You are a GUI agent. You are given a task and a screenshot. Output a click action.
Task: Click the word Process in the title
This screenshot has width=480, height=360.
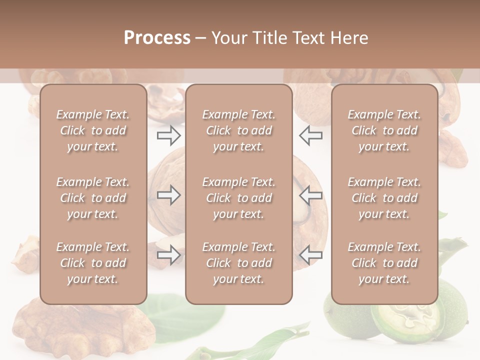157,37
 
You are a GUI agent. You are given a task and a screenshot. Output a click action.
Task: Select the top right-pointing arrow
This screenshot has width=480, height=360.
169,135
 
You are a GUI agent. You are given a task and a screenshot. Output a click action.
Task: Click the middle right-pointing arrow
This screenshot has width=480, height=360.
169,195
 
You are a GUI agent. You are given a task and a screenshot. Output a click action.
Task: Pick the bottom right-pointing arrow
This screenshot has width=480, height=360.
169,255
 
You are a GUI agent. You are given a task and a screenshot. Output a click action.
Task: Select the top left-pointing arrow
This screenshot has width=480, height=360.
311,135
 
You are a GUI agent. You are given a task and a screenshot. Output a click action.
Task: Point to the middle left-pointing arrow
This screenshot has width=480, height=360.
311,195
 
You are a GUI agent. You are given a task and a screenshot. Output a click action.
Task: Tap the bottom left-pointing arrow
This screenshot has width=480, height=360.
311,255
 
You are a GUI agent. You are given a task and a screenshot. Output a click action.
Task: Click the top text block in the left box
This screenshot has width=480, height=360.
93,130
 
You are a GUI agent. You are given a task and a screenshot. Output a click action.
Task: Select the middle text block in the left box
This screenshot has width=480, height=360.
93,198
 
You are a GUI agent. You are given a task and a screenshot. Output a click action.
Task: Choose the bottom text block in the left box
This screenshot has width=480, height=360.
93,263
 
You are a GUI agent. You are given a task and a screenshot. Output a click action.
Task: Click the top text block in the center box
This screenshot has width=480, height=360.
239,130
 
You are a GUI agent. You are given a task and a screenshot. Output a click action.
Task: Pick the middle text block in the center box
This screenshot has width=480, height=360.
239,198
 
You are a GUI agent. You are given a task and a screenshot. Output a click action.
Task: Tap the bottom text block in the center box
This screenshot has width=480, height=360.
239,263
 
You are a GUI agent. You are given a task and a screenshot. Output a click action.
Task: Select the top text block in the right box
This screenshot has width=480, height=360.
384,130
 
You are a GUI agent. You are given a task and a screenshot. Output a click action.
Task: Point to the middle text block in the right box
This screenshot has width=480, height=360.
384,198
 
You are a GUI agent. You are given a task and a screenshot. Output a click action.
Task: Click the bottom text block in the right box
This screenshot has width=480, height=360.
384,263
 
